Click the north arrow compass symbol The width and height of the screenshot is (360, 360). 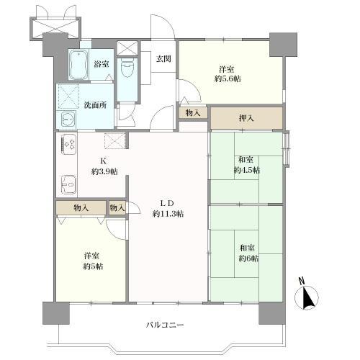click(307, 296)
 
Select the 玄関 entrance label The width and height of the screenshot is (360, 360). click(163, 59)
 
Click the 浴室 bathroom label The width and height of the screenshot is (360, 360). click(102, 64)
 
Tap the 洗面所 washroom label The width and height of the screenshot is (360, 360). click(94, 104)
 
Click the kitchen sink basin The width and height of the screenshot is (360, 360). click(68, 185)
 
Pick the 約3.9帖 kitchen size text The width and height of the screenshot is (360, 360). click(104, 171)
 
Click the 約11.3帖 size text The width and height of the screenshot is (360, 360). click(168, 213)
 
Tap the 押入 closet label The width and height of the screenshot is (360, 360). click(246, 117)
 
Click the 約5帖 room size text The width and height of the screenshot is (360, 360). click(91, 266)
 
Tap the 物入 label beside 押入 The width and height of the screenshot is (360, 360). click(192, 112)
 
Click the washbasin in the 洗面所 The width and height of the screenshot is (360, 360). click(68, 120)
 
